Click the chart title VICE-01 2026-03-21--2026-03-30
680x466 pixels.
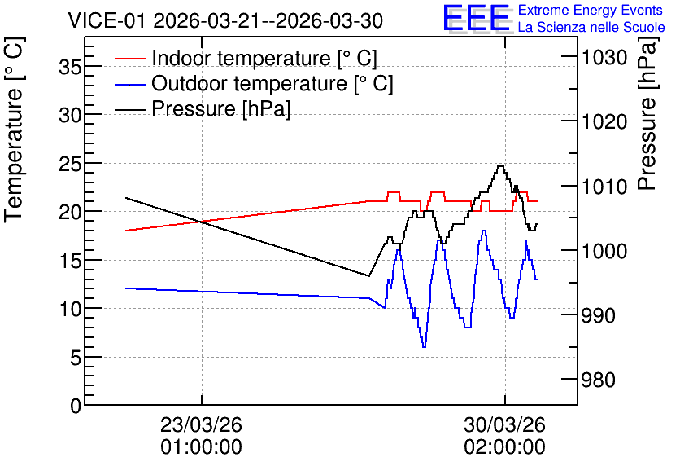click(x=225, y=21)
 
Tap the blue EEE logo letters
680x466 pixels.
click(x=477, y=18)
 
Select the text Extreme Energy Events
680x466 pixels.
click(x=591, y=10)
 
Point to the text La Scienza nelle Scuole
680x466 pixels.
click(x=591, y=27)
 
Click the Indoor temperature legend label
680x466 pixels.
click(x=264, y=58)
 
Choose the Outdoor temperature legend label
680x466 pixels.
click(x=272, y=83)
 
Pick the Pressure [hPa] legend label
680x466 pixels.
click(x=220, y=108)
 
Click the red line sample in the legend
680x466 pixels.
click(x=129, y=58)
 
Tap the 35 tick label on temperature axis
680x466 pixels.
click(x=70, y=67)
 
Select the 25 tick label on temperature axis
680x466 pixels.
click(x=70, y=164)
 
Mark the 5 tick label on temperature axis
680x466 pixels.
click(x=76, y=358)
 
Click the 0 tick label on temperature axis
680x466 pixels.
click(x=76, y=406)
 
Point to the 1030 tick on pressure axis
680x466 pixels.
click(x=604, y=57)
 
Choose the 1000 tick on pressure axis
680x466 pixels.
click(x=604, y=251)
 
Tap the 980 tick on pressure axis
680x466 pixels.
click(x=599, y=380)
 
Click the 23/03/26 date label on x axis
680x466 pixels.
click(x=201, y=424)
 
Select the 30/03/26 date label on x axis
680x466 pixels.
click(x=504, y=424)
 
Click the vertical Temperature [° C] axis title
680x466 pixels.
click(x=14, y=130)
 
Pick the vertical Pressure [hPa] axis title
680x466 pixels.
click(x=647, y=113)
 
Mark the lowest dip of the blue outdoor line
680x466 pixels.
click(x=424, y=347)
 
